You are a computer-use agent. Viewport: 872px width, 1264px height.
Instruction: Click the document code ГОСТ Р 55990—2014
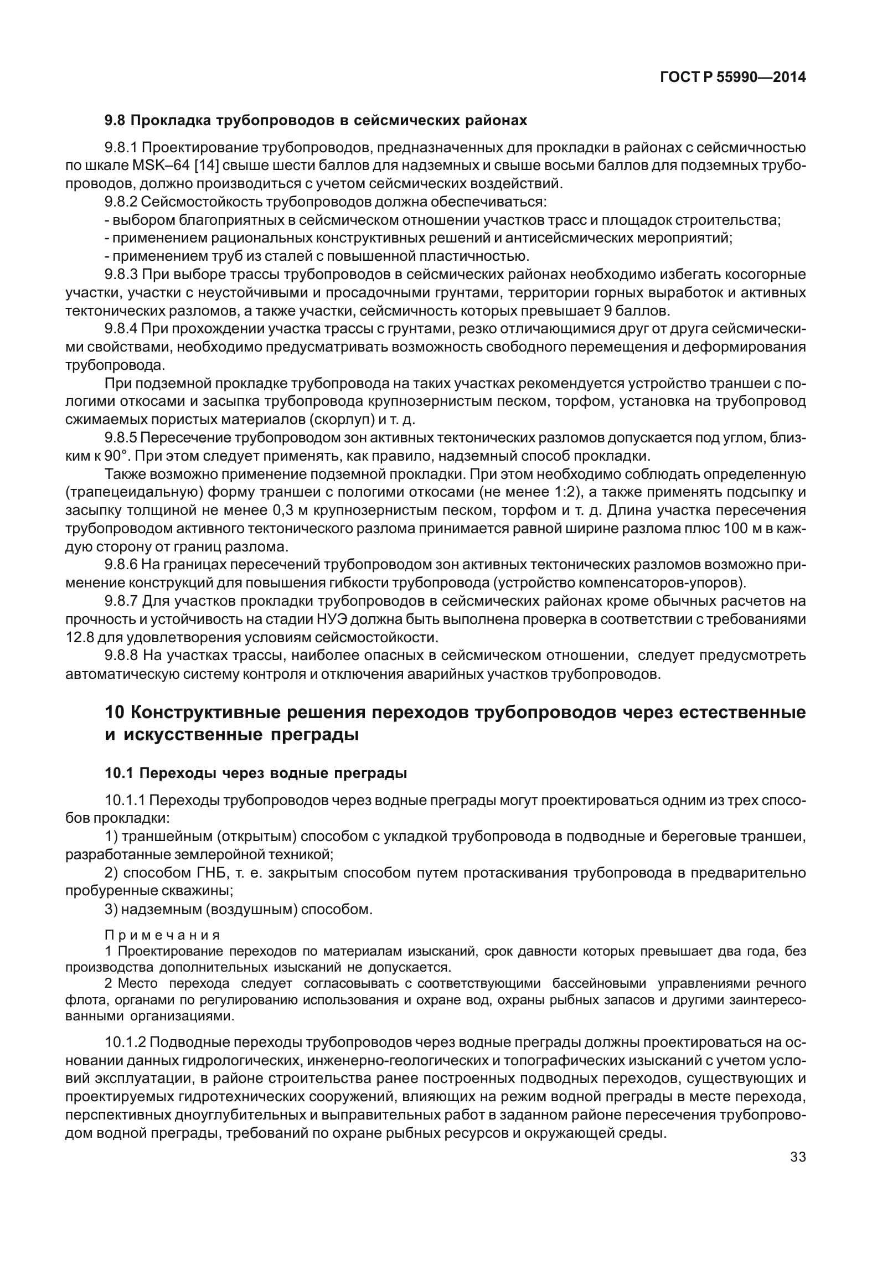(732, 78)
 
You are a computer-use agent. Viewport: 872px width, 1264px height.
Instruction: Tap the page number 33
(798, 1157)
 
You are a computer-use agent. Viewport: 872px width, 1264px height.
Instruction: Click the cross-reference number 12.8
(79, 637)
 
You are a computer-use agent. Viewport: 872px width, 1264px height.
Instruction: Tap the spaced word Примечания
(163, 935)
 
